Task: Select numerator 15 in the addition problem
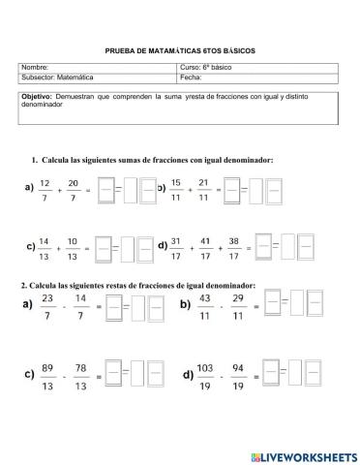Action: pos(176,181)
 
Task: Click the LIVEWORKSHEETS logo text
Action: pos(308,455)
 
